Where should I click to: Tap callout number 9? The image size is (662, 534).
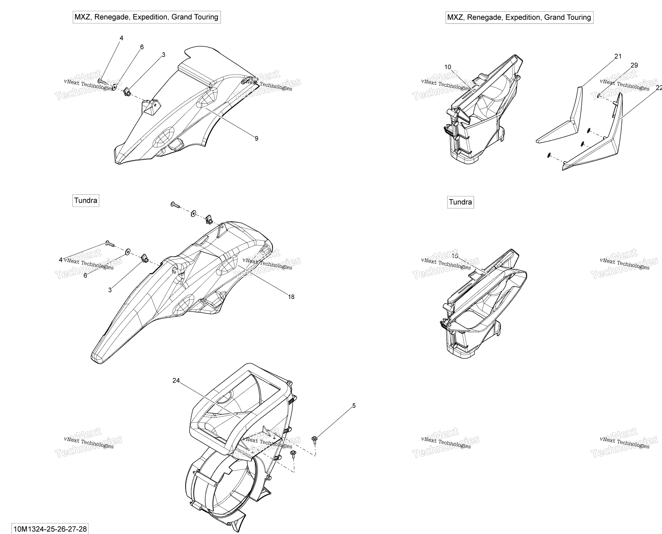click(256, 139)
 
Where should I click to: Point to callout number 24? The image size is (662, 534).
click(176, 381)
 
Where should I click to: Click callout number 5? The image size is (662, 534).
click(354, 406)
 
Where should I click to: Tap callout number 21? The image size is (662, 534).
click(618, 56)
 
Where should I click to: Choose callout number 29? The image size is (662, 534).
click(634, 65)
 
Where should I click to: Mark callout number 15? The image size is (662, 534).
click(455, 256)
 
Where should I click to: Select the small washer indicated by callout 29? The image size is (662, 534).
click(599, 96)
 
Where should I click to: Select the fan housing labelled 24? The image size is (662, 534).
click(240, 446)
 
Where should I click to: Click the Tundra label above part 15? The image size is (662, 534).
click(460, 202)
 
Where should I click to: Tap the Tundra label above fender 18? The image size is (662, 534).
click(86, 201)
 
